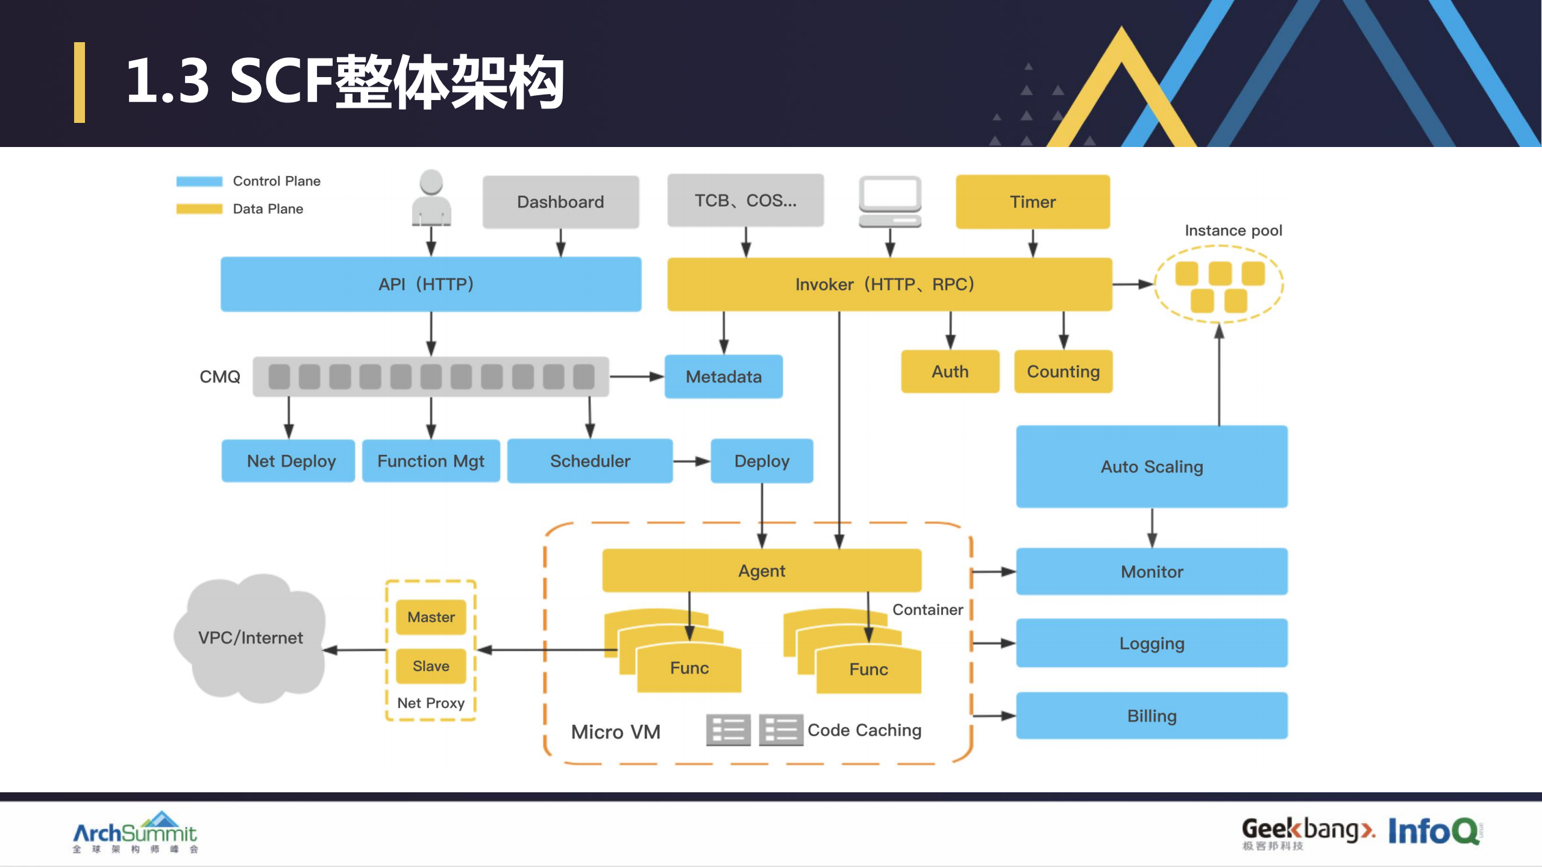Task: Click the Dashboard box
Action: coord(560,202)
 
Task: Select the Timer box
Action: coord(1032,202)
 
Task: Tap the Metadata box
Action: coord(723,377)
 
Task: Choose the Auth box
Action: coord(950,372)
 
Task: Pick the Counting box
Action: coord(1063,372)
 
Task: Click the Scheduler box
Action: coord(589,461)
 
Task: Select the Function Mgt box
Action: coord(431,461)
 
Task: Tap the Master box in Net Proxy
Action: coord(431,617)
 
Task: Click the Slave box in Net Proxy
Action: coord(431,666)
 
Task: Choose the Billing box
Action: coord(1152,716)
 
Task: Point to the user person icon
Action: coord(431,198)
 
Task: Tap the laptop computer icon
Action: coord(890,201)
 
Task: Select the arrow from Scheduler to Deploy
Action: coord(691,462)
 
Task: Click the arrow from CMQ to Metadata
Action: coord(636,377)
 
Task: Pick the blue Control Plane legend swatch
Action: coord(199,181)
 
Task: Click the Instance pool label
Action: coord(1233,231)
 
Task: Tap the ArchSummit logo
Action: coord(135,833)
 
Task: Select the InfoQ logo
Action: coord(1434,831)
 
